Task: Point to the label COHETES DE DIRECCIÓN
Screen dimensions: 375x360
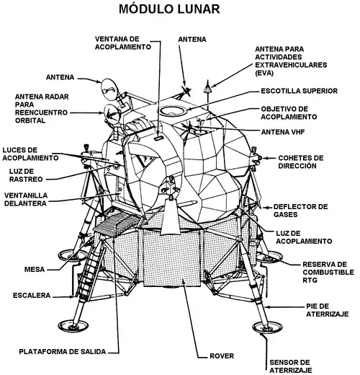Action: (x=300, y=161)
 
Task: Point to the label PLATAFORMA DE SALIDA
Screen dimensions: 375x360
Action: (x=63, y=351)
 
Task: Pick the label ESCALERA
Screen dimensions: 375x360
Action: (x=31, y=295)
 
